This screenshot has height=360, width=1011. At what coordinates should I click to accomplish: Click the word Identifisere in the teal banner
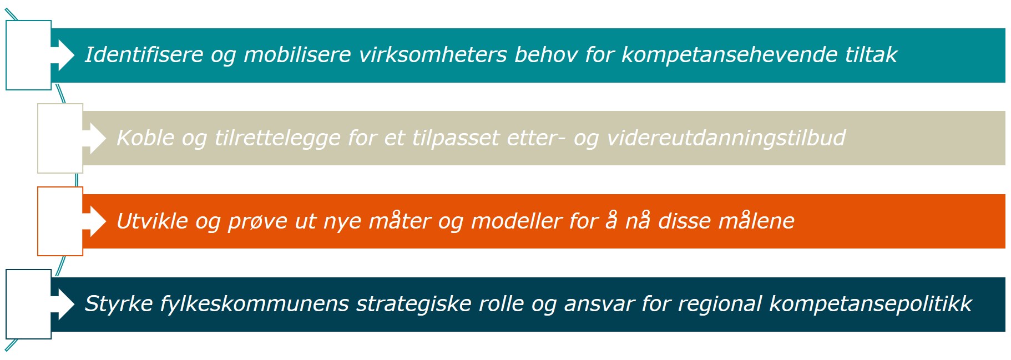point(144,55)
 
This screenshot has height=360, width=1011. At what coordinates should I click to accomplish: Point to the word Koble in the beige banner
point(145,138)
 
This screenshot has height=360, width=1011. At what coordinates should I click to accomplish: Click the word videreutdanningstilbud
point(726,138)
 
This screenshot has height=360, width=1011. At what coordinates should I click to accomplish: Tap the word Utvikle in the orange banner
point(152,221)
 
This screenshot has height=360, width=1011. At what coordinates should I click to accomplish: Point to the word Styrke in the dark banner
point(118,304)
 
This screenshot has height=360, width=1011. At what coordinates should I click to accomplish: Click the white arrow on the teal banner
point(62,55)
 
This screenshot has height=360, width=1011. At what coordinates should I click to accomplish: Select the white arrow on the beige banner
point(94,138)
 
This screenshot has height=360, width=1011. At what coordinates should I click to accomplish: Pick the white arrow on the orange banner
point(94,221)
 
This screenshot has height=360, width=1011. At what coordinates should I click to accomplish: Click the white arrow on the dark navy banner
point(62,304)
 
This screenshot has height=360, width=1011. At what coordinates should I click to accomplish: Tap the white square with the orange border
point(60,221)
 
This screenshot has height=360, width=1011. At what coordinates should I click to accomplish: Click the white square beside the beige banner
point(60,138)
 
